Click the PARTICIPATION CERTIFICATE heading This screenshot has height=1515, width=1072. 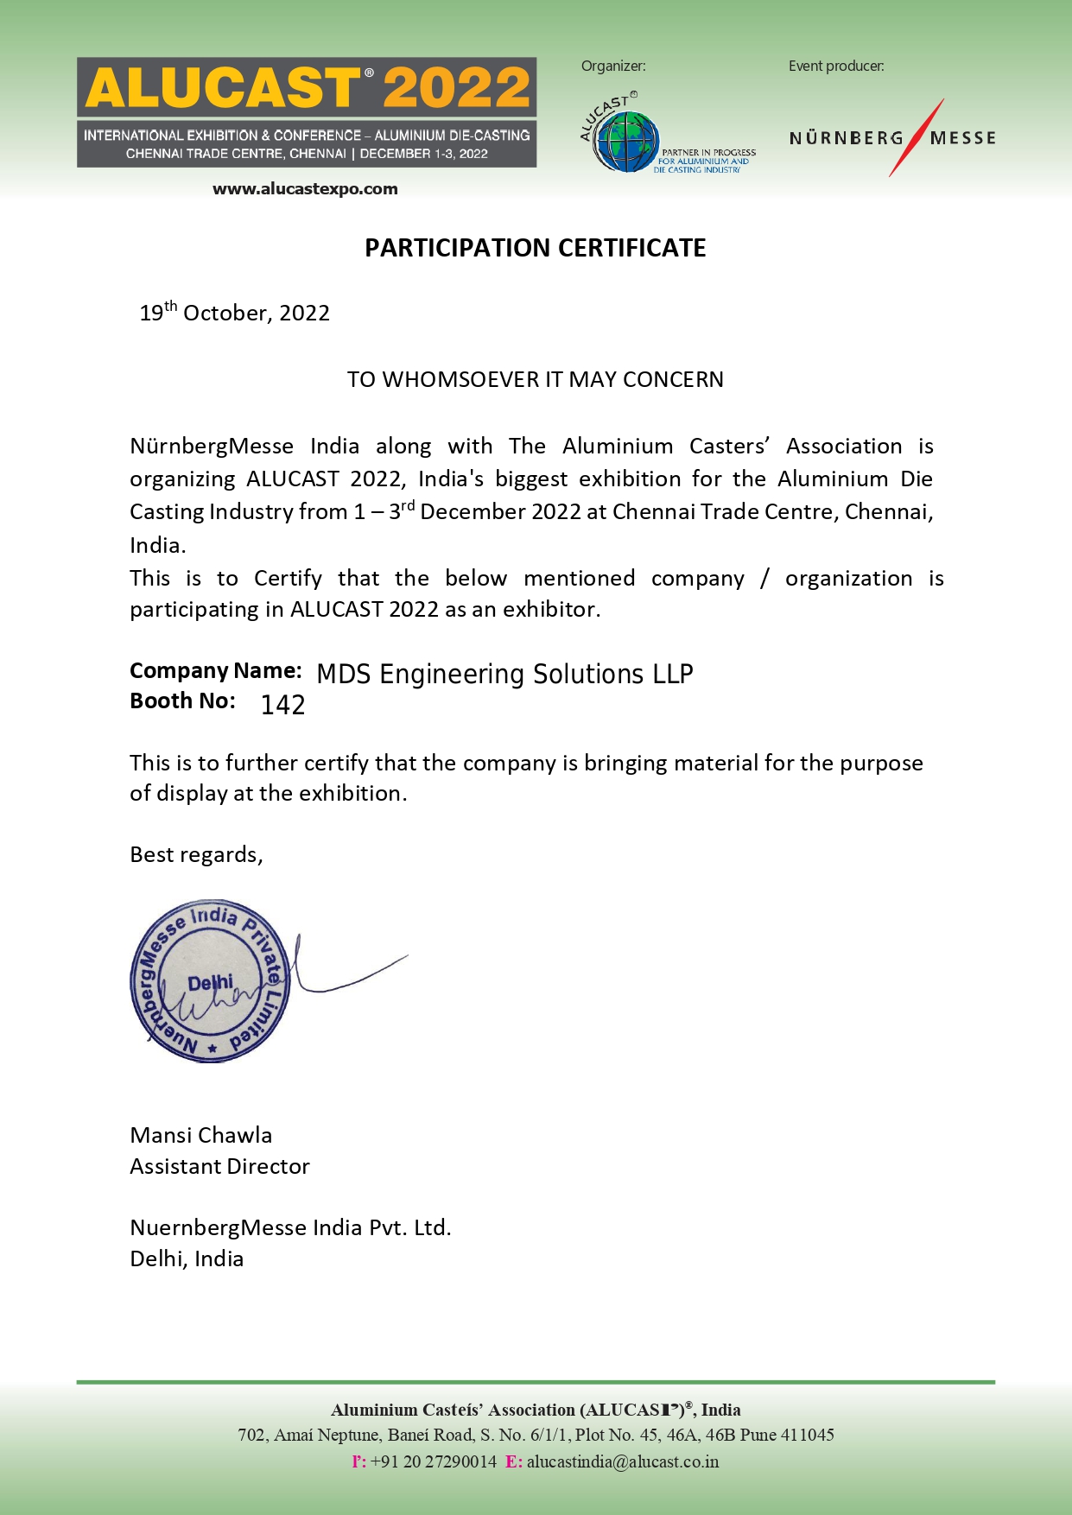(x=535, y=249)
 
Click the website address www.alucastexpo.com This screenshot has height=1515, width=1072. (x=305, y=189)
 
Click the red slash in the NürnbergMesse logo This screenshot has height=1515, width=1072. (x=917, y=138)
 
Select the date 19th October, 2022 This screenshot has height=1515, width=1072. (x=235, y=313)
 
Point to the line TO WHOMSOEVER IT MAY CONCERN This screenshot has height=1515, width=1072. (x=535, y=380)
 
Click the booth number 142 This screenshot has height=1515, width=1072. (x=282, y=706)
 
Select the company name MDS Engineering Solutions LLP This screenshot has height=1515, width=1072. (x=504, y=675)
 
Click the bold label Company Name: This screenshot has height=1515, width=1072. (x=215, y=671)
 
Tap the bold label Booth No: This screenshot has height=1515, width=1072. (x=182, y=701)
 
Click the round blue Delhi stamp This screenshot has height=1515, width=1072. (x=209, y=982)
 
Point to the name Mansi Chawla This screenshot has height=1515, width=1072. (x=200, y=1136)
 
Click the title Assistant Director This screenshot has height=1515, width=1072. (x=219, y=1167)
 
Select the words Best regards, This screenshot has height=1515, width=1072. (x=196, y=855)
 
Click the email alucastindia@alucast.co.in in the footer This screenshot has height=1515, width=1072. (x=622, y=1462)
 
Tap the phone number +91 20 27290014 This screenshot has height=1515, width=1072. (x=433, y=1462)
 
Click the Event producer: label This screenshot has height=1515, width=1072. (x=835, y=67)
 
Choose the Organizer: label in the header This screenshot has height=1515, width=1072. (x=613, y=67)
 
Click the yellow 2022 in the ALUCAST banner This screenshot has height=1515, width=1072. (x=457, y=88)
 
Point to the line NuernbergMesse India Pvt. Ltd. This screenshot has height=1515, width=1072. (x=290, y=1228)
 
